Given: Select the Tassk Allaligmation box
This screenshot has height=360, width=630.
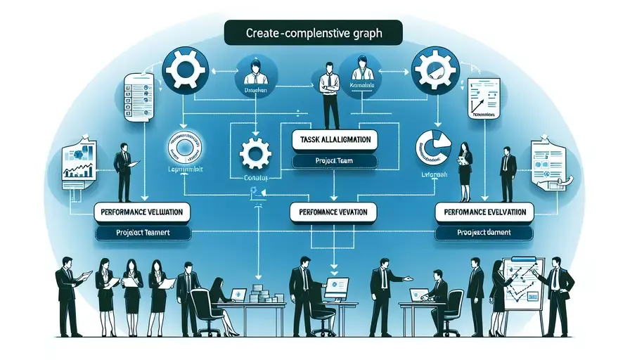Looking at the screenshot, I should point(334,139).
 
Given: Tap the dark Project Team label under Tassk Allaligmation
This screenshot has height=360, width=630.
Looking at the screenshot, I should point(333,162).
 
